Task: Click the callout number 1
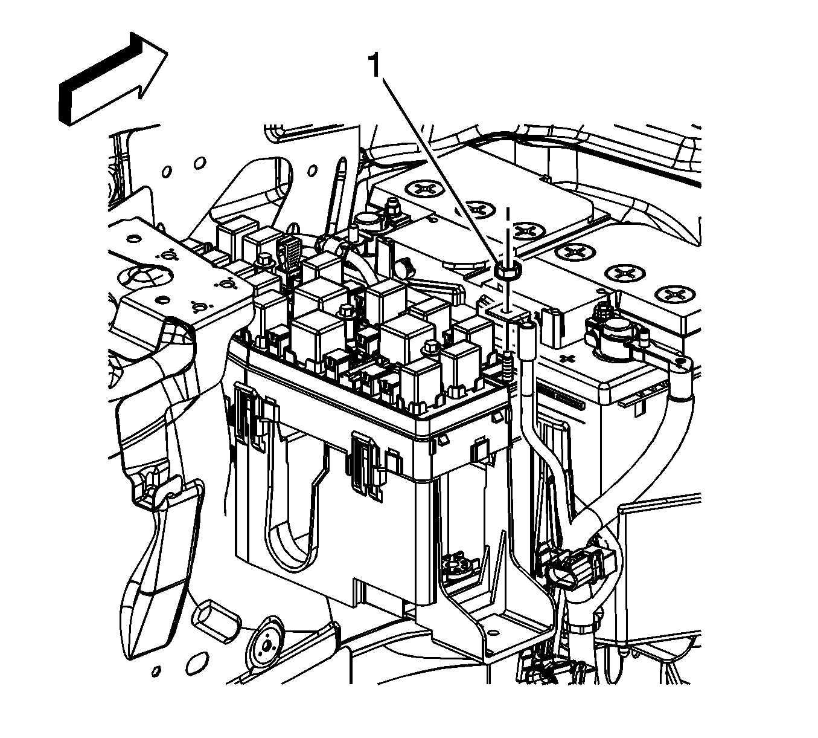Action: click(375, 65)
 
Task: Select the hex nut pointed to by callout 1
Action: click(508, 270)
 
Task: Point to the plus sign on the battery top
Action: click(566, 358)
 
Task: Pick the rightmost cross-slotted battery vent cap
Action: click(674, 294)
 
